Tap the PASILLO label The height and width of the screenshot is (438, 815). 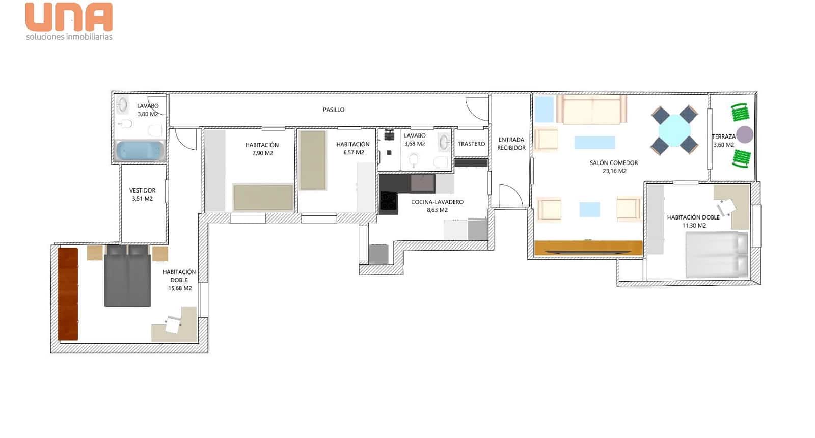(334, 109)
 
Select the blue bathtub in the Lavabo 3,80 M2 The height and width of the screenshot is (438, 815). (140, 151)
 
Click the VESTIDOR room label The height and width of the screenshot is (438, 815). (142, 190)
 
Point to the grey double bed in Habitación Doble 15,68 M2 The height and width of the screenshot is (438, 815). (127, 278)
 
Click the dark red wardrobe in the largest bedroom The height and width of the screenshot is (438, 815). (68, 294)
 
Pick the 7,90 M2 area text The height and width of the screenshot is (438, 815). (262, 153)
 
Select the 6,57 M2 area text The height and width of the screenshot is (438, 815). (354, 152)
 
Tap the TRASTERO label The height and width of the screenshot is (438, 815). (471, 144)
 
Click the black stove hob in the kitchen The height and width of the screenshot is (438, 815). (388, 201)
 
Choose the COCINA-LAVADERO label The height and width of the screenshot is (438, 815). (437, 202)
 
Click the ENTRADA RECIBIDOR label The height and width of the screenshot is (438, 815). (511, 144)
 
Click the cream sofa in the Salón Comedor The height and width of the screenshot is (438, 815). (591, 109)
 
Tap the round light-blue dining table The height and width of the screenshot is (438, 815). (674, 130)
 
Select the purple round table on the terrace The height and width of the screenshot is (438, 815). (745, 135)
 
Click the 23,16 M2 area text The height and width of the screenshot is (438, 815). (614, 171)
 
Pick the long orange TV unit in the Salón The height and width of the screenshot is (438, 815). (588, 248)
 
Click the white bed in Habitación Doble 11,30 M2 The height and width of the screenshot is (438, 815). (716, 255)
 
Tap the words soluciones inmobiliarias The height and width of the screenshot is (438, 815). (69, 37)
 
